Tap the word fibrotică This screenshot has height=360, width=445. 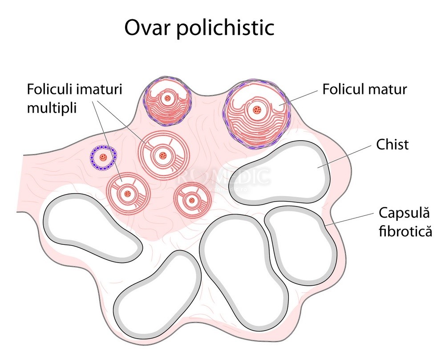pyautogui.click(x=405, y=231)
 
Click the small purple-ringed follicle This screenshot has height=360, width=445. pyautogui.click(x=104, y=157)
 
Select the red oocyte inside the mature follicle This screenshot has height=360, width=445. pyautogui.click(x=256, y=110)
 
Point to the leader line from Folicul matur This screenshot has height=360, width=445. pyautogui.click(x=300, y=96)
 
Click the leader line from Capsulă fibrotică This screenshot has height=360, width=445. pyautogui.click(x=352, y=218)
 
